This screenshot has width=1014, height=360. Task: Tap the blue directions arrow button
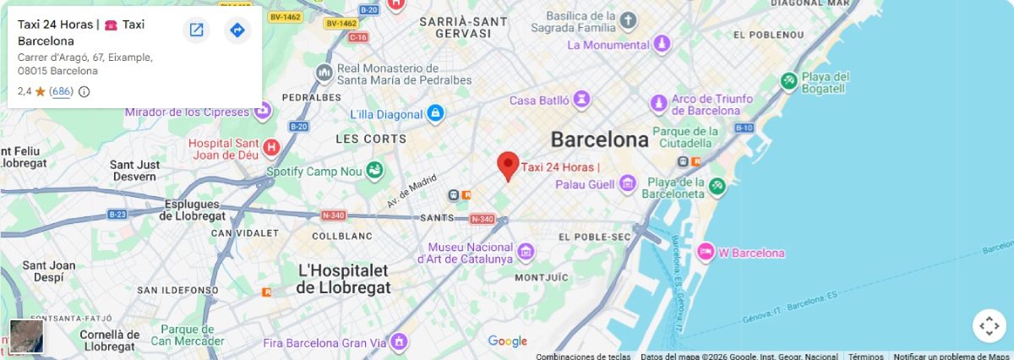237,30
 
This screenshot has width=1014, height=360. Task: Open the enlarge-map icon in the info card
196,30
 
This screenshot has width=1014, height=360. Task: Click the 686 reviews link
61,91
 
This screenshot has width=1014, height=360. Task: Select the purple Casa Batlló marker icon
581,101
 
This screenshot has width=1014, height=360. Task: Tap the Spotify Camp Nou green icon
373,172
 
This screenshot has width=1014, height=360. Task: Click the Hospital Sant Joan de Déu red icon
271,148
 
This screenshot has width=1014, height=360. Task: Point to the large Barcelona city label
599,139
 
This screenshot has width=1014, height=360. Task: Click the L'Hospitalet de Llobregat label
343,279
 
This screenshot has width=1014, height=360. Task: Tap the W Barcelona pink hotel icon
706,252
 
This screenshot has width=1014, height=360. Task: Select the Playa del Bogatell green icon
788,81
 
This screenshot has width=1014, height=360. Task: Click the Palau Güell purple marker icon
627,183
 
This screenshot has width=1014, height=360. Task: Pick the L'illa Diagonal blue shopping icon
434,113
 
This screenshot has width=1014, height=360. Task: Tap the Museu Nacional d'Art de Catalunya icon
526,251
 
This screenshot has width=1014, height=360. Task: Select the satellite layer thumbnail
26,336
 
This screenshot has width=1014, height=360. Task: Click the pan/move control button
989,326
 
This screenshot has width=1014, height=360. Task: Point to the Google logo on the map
507,341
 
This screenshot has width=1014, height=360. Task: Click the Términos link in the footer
865,356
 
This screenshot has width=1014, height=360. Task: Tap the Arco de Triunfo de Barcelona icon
659,104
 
